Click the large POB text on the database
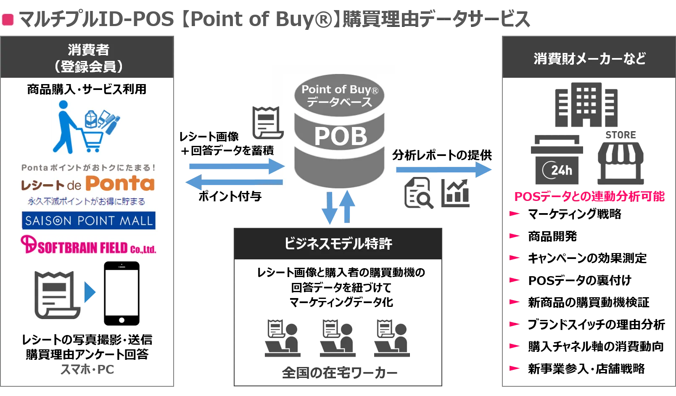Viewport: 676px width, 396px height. tap(341, 136)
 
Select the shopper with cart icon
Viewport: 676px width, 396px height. tap(86, 126)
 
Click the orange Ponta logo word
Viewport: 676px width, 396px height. tap(120, 183)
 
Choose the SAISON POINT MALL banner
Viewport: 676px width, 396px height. tap(89, 220)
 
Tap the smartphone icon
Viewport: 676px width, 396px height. tap(121, 293)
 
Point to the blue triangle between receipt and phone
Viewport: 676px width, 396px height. tap(90, 293)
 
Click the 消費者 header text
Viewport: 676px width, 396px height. tap(88, 50)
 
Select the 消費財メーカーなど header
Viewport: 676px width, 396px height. tap(589, 58)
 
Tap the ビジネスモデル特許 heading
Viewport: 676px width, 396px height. tap(338, 243)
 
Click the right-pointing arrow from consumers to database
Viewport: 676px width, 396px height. tap(235, 166)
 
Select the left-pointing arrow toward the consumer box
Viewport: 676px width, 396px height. tap(234, 182)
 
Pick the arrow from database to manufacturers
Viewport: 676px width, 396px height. tap(444, 169)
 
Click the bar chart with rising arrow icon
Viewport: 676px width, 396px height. tap(457, 192)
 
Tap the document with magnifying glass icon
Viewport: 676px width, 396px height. tap(418, 193)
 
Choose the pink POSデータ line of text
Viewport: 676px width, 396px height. tap(589, 196)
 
